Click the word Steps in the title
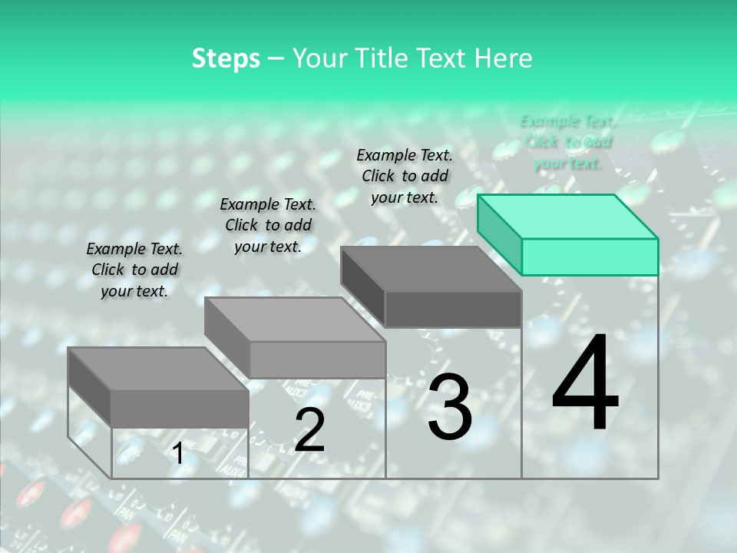[x=226, y=58]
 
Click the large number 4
[x=586, y=384]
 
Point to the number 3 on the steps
[x=450, y=407]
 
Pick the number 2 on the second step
[x=309, y=430]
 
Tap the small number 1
[x=177, y=455]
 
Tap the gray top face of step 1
[x=158, y=369]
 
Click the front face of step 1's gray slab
[x=180, y=408]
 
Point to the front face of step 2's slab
[x=317, y=359]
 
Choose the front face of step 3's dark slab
[x=453, y=309]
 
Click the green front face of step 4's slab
[x=590, y=257]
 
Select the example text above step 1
[x=134, y=270]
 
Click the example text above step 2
[x=268, y=225]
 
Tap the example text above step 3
[x=405, y=176]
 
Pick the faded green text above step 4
[x=568, y=142]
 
